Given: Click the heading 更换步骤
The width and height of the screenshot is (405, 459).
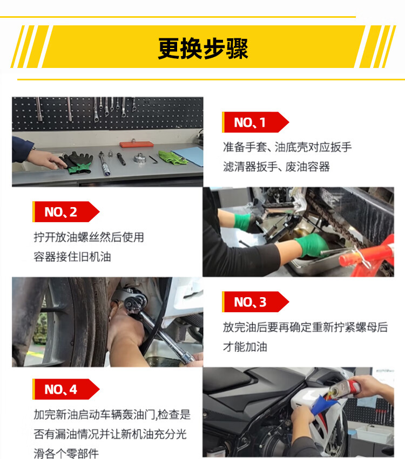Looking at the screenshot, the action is pyautogui.click(x=203, y=49).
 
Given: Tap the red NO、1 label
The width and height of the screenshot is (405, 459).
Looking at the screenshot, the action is pyautogui.click(x=255, y=122).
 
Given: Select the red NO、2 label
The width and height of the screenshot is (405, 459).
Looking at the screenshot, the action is pyautogui.click(x=66, y=211).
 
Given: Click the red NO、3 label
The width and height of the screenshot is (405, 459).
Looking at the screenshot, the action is pyautogui.click(x=255, y=302).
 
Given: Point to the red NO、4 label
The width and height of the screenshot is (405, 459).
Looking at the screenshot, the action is pyautogui.click(x=66, y=389).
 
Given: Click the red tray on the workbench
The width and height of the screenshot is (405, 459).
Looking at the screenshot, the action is pyautogui.click(x=137, y=144).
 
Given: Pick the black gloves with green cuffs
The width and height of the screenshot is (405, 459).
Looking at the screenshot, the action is pyautogui.click(x=77, y=162).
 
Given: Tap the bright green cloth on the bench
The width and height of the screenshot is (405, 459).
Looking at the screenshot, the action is pyautogui.click(x=172, y=157).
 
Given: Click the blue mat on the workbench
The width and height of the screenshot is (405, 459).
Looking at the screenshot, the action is pyautogui.click(x=188, y=156).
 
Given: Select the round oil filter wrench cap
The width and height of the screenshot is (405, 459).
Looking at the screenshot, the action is pyautogui.click(x=140, y=158).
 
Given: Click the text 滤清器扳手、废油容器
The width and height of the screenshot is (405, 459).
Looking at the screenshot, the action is pyautogui.click(x=276, y=167).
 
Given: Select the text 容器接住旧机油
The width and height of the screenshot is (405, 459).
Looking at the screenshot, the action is pyautogui.click(x=72, y=257).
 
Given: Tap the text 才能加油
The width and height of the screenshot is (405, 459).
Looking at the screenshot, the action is pyautogui.click(x=245, y=347).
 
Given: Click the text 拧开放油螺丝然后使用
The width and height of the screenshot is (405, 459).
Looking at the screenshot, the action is pyautogui.click(x=89, y=237).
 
